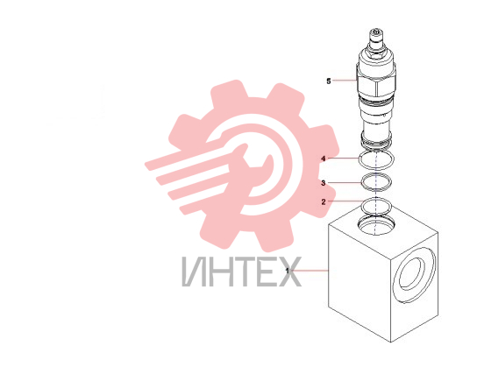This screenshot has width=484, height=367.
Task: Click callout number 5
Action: coord(329,81)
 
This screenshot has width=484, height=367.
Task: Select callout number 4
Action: coord(324,159)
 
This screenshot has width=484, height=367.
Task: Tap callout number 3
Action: coord(324,183)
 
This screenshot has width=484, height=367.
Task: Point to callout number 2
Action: coord(324,202)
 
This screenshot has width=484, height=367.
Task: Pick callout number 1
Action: coord(288,271)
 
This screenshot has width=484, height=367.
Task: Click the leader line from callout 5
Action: coord(345,81)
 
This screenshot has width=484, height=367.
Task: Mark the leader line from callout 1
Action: coord(310,271)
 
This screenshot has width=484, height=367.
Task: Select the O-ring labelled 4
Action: coord(376,159)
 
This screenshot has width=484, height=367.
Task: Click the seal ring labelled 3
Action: coord(376,181)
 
